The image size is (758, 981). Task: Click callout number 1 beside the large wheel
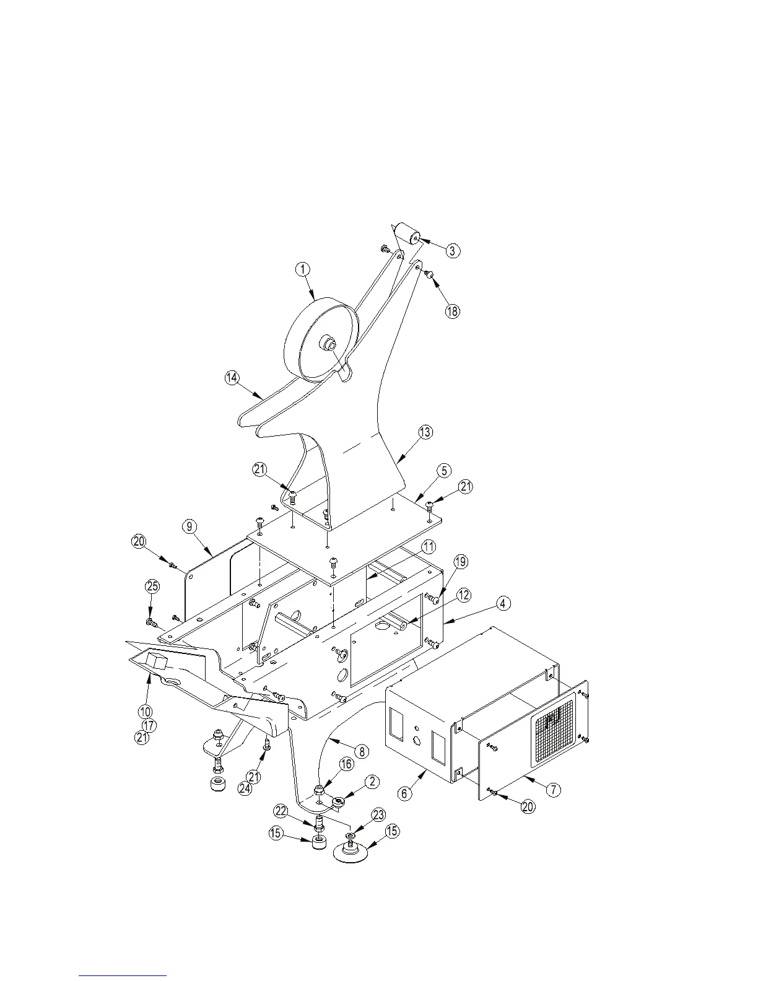(302, 269)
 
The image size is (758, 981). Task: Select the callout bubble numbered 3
(453, 250)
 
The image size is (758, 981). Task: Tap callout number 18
(453, 311)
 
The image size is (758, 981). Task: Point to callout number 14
(232, 378)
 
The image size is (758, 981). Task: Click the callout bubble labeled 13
(425, 433)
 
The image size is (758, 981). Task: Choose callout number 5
(444, 471)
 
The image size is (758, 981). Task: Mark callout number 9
(190, 526)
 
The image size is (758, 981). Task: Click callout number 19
(460, 562)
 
